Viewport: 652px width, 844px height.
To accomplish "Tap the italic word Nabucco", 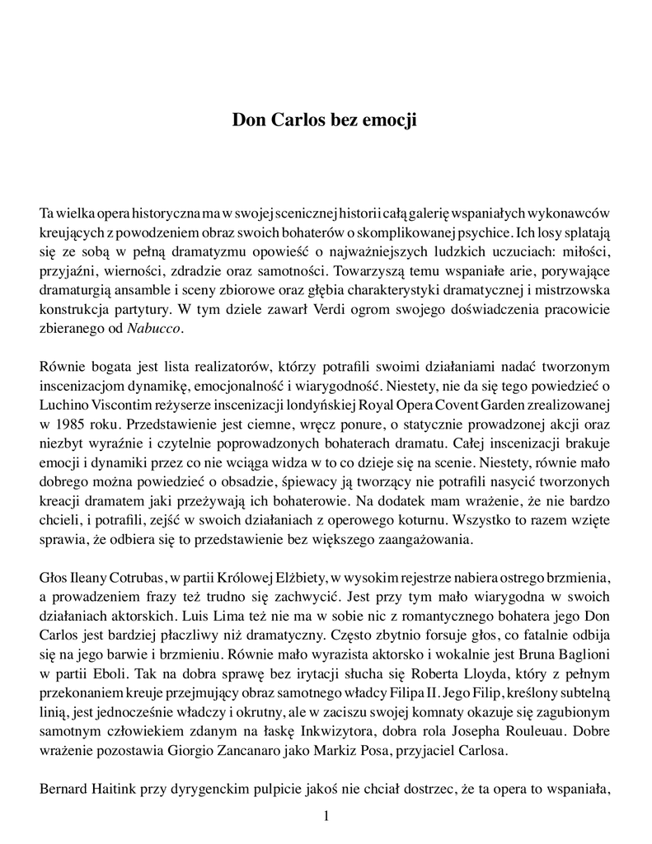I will click(x=154, y=328).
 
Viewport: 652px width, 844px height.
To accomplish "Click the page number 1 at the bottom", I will click(x=326, y=817).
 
